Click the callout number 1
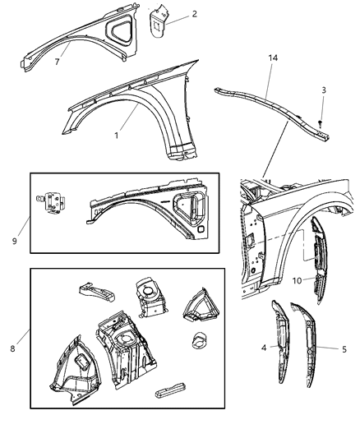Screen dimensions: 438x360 pyautogui.click(x=117, y=135)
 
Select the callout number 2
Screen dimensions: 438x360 pyautogui.click(x=194, y=14)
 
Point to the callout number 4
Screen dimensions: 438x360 pyautogui.click(x=263, y=348)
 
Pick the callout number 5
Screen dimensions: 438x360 pyautogui.click(x=343, y=348)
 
